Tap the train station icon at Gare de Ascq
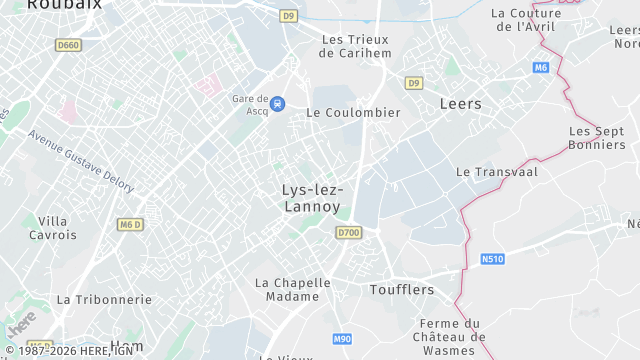(x=278, y=103)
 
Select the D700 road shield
(x=348, y=232)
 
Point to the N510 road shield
(x=492, y=259)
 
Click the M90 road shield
(x=342, y=339)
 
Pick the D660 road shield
(x=68, y=45)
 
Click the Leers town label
(x=460, y=103)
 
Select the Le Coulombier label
(x=353, y=112)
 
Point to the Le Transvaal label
(x=497, y=172)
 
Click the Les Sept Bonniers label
(x=596, y=138)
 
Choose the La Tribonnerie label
(x=104, y=299)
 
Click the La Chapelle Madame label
(x=293, y=289)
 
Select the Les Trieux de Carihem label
(x=355, y=46)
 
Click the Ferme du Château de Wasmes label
(x=450, y=337)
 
